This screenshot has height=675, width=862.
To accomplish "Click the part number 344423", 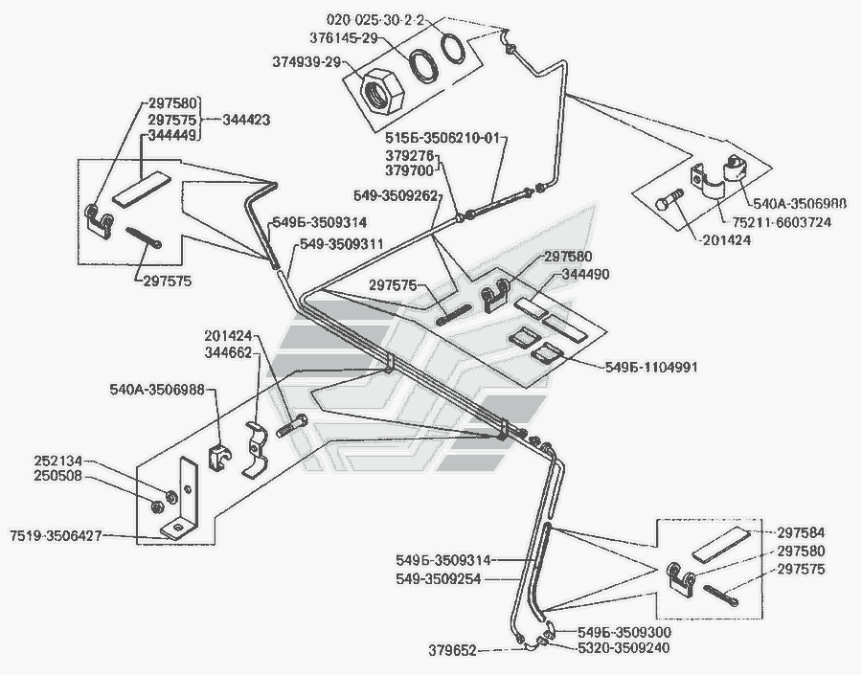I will [247, 121].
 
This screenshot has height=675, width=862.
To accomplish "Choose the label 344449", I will [173, 137].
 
